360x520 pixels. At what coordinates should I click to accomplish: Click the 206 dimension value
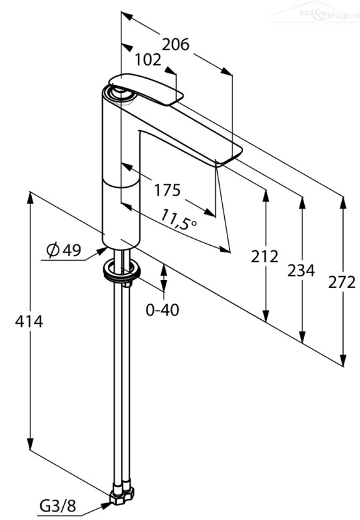click(x=175, y=44)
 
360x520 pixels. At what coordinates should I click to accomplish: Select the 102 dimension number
click(x=148, y=60)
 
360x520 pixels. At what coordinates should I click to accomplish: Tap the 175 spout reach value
click(x=168, y=190)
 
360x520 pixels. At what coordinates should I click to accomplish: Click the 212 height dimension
click(x=264, y=257)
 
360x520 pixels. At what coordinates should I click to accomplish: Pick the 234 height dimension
click(x=301, y=270)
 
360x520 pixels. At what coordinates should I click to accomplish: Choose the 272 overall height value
click(x=342, y=283)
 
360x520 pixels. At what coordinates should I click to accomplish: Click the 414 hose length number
click(x=29, y=321)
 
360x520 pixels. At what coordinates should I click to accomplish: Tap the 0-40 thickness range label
click(x=162, y=310)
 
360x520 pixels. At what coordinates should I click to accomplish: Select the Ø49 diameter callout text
click(x=64, y=250)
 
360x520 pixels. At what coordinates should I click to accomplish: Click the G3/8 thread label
click(x=58, y=506)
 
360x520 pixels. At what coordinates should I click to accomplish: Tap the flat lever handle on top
click(x=146, y=89)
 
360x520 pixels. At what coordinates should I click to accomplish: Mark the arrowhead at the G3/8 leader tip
click(x=105, y=505)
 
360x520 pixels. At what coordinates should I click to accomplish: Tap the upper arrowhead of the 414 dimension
click(x=30, y=198)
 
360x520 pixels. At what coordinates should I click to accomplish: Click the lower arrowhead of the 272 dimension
click(x=343, y=360)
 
